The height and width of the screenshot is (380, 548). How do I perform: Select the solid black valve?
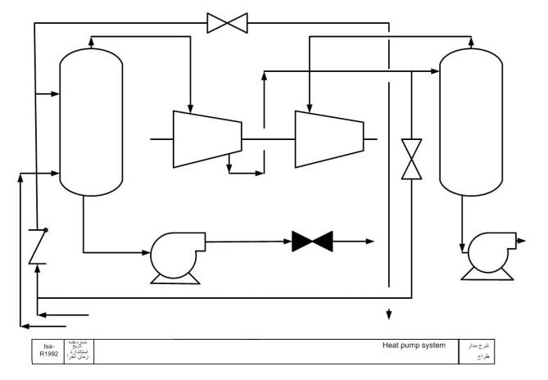click(x=312, y=241)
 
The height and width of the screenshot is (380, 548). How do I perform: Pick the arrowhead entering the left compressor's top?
click(x=189, y=106)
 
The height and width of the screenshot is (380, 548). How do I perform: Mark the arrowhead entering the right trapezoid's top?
click(x=310, y=106)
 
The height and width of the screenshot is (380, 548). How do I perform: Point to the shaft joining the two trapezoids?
click(x=268, y=139)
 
